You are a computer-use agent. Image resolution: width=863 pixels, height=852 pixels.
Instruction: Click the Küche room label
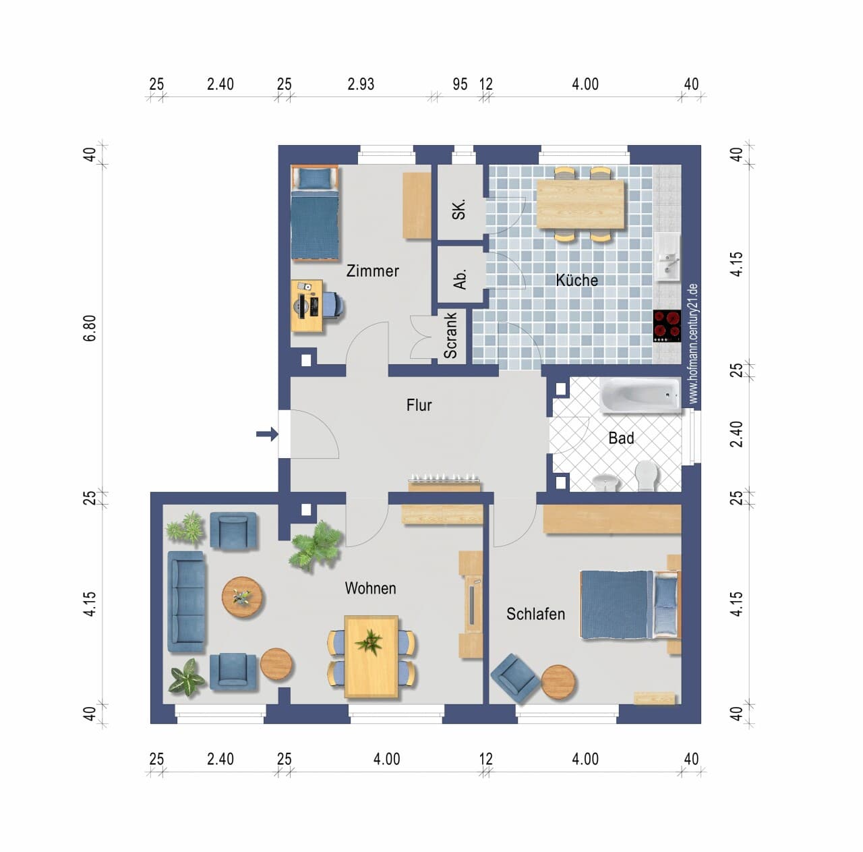[x=577, y=281]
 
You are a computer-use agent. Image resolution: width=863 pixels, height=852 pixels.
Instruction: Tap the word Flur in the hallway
[x=419, y=405]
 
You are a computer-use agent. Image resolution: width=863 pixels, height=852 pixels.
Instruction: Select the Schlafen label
[x=535, y=614]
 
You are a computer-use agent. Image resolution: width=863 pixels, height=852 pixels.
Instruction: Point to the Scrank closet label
[x=450, y=336]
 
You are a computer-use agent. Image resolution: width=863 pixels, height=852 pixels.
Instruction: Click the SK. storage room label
[x=459, y=209]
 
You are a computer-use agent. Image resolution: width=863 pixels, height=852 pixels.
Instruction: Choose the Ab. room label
[x=460, y=280]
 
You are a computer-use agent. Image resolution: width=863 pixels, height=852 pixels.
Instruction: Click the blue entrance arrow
[x=268, y=434]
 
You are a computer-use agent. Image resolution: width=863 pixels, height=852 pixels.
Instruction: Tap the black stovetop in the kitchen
[x=667, y=326]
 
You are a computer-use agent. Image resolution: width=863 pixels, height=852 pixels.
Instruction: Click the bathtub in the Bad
[x=641, y=395]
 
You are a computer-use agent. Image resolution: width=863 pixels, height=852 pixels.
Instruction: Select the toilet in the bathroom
[x=646, y=475]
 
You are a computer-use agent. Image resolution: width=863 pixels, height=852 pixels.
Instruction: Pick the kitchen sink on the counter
[x=667, y=257]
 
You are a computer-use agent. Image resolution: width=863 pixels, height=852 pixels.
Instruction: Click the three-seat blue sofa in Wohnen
[x=187, y=602]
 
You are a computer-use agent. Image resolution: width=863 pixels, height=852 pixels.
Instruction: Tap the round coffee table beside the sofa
[x=242, y=597]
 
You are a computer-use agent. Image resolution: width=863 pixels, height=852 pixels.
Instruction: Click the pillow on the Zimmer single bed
[x=315, y=178]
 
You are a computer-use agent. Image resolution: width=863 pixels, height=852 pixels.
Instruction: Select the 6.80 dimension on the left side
[x=90, y=329]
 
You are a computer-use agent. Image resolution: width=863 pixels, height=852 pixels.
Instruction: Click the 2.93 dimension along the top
[x=361, y=84]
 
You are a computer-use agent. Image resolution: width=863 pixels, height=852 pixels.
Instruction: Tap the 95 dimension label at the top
[x=460, y=84]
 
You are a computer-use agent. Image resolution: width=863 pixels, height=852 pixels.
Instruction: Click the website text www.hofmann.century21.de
[x=693, y=343]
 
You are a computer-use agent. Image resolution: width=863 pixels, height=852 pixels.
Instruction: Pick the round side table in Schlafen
[x=558, y=682]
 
